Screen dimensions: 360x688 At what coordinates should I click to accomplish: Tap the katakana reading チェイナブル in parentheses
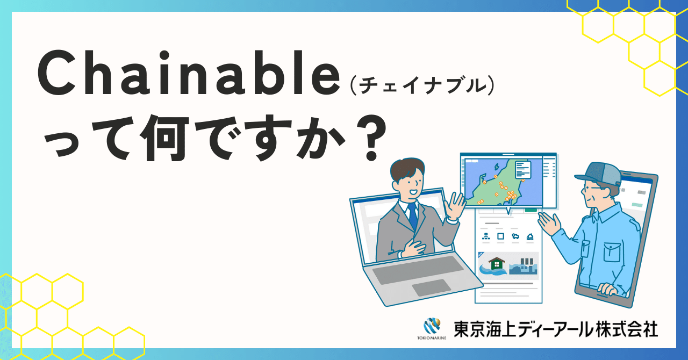[x=421, y=86]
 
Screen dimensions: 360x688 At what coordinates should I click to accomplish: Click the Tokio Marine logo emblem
[x=432, y=325]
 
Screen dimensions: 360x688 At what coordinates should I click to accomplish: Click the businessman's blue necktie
[x=413, y=215]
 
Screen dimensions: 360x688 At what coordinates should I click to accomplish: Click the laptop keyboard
[x=417, y=269]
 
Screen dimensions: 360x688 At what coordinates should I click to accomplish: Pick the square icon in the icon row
[x=500, y=236]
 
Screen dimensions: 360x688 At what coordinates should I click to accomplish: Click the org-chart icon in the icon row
[x=486, y=236]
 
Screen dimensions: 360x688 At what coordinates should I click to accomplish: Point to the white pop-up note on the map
[x=522, y=169]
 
